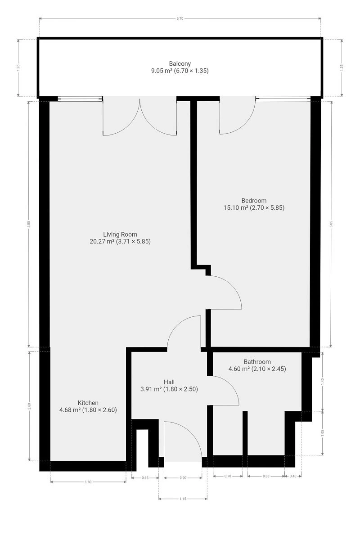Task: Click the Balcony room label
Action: coord(180,63)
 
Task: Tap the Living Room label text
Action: coord(120,234)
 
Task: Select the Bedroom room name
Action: coord(254,201)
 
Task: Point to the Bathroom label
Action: coord(257,362)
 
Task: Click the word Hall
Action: coord(169,382)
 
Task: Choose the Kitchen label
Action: coord(88,403)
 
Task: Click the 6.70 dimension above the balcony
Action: coord(180,18)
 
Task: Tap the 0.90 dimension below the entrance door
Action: coord(183,477)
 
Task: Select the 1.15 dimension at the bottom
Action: coord(183,499)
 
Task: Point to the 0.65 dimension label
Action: coord(145,477)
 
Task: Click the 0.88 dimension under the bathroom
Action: coord(266,476)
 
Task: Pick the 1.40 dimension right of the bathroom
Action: coord(323,381)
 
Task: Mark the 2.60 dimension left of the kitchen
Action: coord(29,406)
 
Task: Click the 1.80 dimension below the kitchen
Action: coord(88,482)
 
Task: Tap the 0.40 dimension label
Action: coord(293,476)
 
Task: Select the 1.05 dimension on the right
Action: coord(323,432)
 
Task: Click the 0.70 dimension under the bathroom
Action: coord(228,476)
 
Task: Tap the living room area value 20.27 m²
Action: coord(102,241)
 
